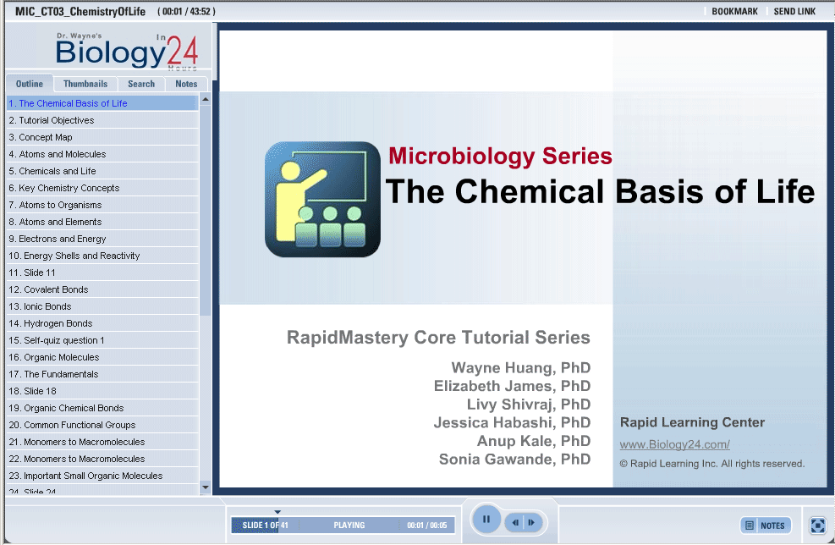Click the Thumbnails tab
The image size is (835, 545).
click(85, 84)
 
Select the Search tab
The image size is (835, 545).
click(141, 84)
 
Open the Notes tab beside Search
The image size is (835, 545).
click(186, 84)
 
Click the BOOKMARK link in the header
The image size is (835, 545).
click(734, 11)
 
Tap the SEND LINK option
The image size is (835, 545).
click(794, 11)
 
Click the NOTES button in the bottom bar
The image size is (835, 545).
click(766, 526)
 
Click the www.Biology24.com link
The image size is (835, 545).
click(675, 444)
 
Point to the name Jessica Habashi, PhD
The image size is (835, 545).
click(512, 422)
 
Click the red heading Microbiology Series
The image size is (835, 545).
click(500, 156)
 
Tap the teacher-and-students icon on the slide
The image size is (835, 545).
click(322, 199)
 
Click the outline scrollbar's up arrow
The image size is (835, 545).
click(206, 100)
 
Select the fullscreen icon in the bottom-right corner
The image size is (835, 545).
click(817, 526)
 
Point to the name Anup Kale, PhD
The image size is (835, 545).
click(534, 441)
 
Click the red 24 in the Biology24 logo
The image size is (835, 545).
click(182, 51)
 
